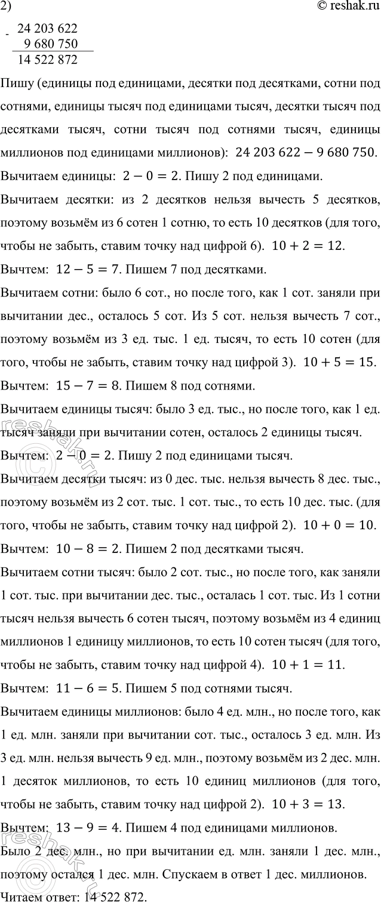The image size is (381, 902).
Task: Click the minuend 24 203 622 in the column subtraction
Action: [48, 29]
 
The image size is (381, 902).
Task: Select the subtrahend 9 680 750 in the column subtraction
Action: [53, 44]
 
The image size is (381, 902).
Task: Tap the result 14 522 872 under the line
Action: [48, 60]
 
